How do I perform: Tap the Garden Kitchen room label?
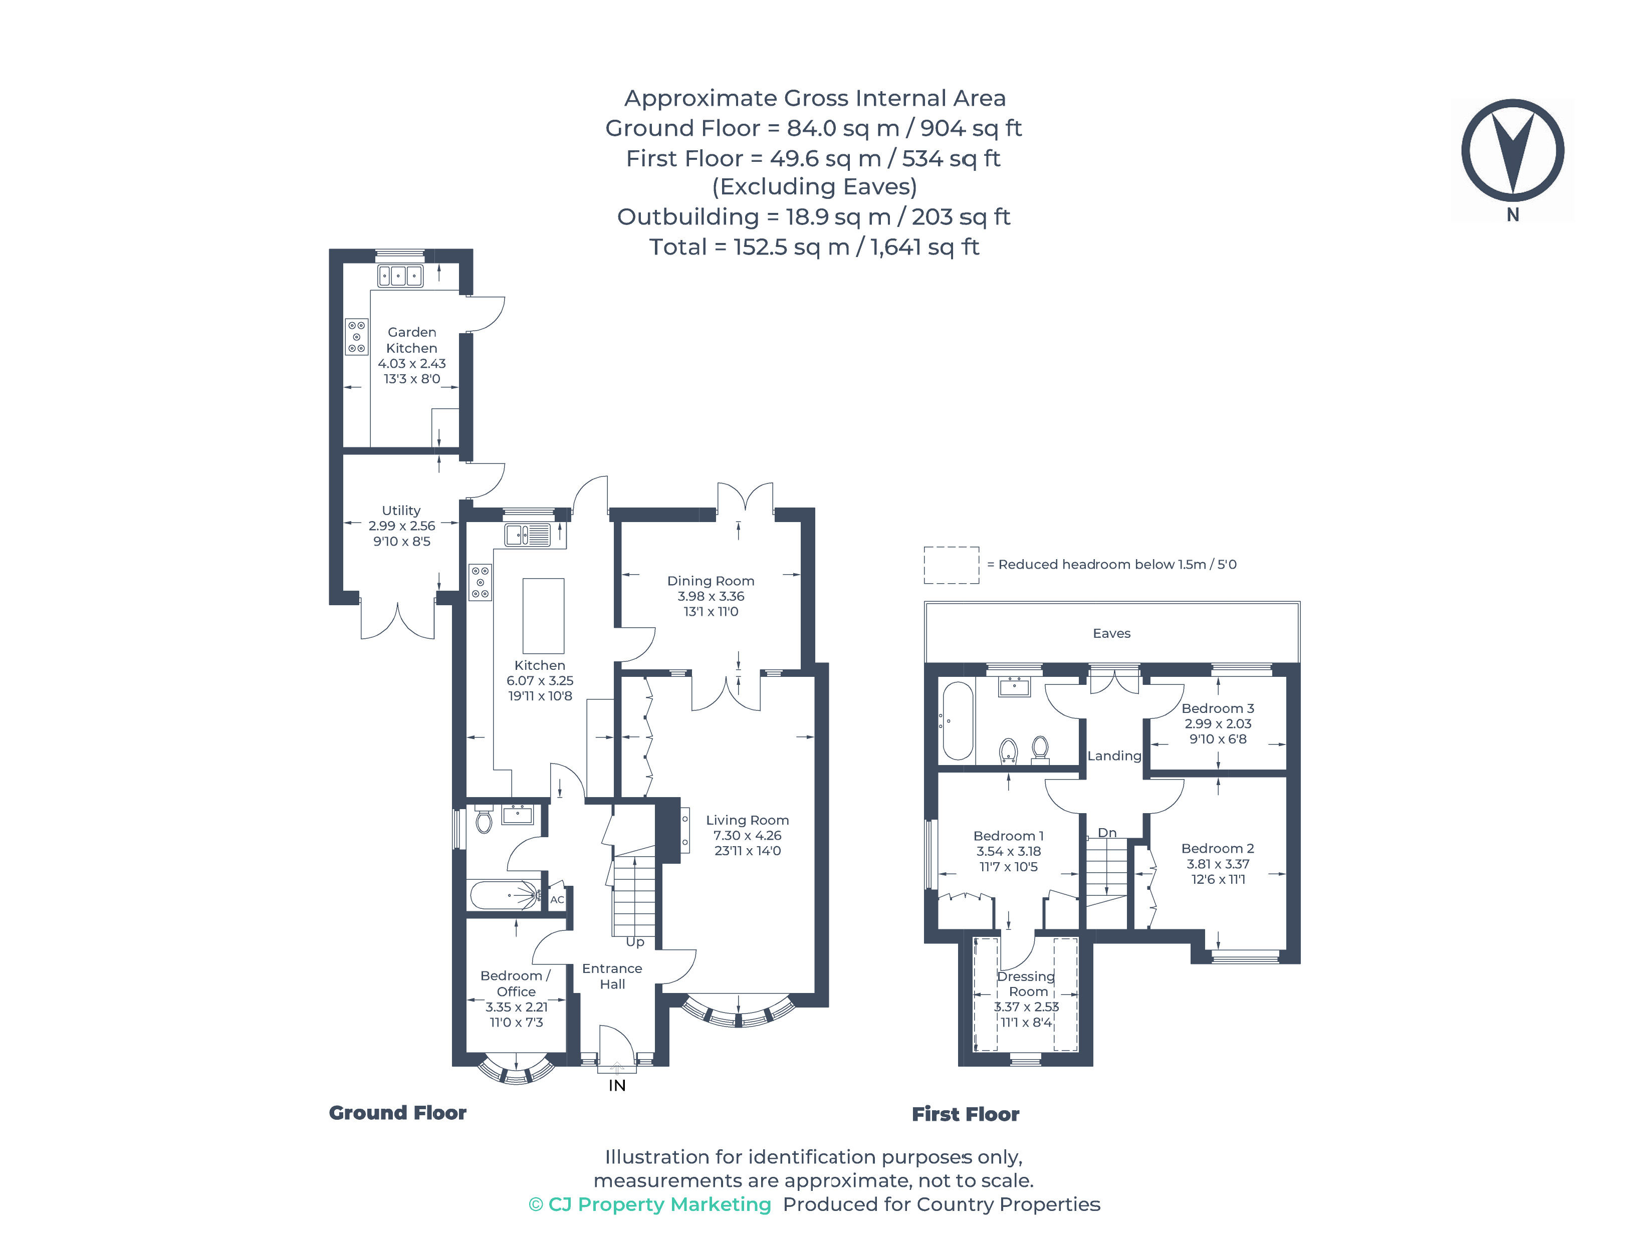[412, 340]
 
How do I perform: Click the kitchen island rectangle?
[543, 616]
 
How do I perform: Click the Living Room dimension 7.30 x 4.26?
[747, 835]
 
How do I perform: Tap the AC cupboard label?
[557, 900]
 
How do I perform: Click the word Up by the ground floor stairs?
[635, 942]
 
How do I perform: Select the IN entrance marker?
[617, 1085]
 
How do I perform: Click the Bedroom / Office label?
[515, 984]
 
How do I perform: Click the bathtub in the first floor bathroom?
[958, 721]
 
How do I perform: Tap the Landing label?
[1113, 756]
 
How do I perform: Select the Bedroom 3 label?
[1217, 708]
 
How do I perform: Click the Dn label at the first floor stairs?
[1107, 833]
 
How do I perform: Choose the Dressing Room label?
[1026, 984]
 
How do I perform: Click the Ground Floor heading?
[397, 1113]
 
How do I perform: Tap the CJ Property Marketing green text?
[650, 1204]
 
